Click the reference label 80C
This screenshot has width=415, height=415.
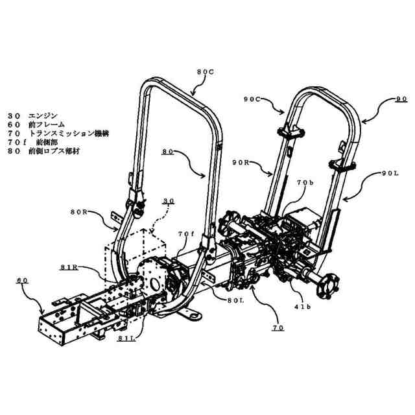204,72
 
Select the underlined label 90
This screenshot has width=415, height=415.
401,99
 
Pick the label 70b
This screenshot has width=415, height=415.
305,184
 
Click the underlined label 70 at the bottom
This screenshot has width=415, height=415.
277,328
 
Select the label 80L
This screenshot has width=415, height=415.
236,300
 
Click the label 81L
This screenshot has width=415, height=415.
126,338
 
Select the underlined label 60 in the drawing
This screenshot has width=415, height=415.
22,280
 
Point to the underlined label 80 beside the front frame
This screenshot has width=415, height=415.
168,152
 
